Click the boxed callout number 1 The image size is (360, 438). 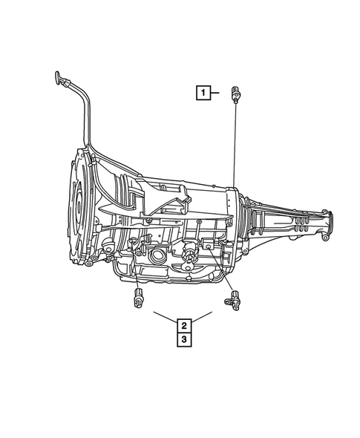[202, 93]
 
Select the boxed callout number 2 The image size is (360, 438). [183, 324]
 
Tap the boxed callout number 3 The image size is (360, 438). [183, 339]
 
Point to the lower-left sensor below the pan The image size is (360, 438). [138, 299]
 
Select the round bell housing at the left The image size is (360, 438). [79, 208]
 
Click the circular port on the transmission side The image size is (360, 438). [157, 256]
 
